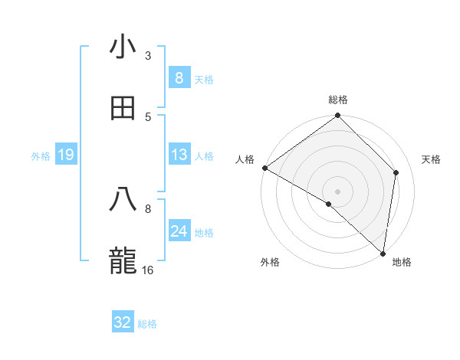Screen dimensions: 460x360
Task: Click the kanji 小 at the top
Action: pyautogui.click(x=123, y=48)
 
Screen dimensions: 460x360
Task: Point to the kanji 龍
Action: pyautogui.click(x=123, y=260)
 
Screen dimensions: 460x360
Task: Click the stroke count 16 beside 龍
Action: pyautogui.click(x=149, y=270)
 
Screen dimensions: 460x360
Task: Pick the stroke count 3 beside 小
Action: pyautogui.click(x=148, y=56)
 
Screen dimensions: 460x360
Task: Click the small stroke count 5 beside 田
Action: pyautogui.click(x=148, y=116)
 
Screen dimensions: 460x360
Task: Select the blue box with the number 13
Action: pyautogui.click(x=179, y=155)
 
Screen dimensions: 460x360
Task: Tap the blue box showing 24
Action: pyautogui.click(x=179, y=231)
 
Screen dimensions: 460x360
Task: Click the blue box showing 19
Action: pyautogui.click(x=66, y=155)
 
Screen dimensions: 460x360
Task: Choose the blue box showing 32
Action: pyautogui.click(x=123, y=322)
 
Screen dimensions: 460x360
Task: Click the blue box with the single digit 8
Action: pyautogui.click(x=179, y=78)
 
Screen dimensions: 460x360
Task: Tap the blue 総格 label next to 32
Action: pyautogui.click(x=147, y=324)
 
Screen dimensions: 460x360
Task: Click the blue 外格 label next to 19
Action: pyautogui.click(x=41, y=156)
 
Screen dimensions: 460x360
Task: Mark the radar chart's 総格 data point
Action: pyautogui.click(x=337, y=116)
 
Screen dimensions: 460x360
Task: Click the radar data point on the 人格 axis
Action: pyautogui.click(x=264, y=168)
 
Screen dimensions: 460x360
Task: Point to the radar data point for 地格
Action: pyautogui.click(x=383, y=253)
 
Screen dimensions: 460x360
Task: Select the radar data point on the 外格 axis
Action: pyautogui.click(x=329, y=204)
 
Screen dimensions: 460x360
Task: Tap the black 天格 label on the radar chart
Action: pyautogui.click(x=432, y=159)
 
